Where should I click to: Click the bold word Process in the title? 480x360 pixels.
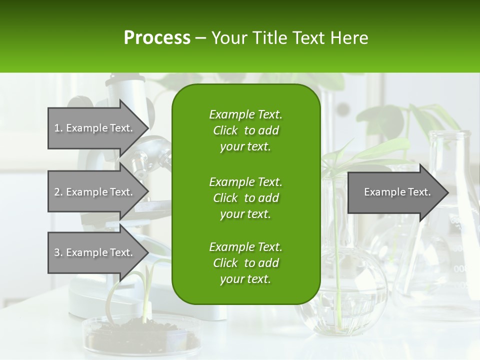[157, 38]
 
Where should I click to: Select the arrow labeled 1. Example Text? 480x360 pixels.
[95, 128]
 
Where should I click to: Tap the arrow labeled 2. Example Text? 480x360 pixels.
[95, 192]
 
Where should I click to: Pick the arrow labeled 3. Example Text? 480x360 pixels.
[95, 252]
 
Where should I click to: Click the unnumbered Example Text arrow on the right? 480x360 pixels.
[397, 192]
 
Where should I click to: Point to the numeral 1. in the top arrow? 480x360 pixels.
[58, 128]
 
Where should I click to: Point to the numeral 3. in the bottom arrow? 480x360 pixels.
[58, 252]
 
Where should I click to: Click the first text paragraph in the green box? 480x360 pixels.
[245, 130]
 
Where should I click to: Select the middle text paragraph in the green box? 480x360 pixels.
[245, 197]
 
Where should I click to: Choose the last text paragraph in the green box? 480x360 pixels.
[245, 263]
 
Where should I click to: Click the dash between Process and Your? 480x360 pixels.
[201, 38]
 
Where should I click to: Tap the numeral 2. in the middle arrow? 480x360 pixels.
[58, 192]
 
